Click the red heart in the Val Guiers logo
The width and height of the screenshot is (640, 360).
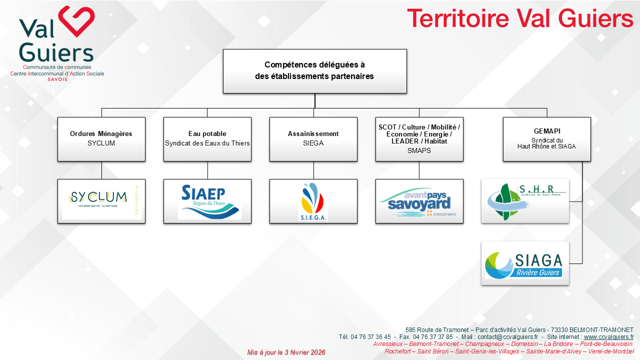coord(76,21)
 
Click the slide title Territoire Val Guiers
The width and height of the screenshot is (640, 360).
coord(520,19)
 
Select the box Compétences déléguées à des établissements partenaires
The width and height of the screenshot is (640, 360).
coord(314,71)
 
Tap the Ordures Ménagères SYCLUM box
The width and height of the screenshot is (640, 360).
coord(101,139)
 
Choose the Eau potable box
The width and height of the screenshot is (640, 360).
coord(207,139)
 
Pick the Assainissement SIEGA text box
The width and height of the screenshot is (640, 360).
coord(313,139)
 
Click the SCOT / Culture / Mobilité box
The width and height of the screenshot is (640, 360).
coord(419,139)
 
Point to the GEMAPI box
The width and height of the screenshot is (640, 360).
coord(546,139)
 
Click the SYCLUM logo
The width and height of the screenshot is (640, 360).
coord(101,200)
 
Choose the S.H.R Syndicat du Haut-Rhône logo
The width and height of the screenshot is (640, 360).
coord(525,201)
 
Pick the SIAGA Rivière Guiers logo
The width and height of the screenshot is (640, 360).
coord(525,263)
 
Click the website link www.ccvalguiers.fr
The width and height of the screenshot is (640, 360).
coord(608,337)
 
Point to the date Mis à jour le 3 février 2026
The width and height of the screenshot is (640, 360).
coord(286,352)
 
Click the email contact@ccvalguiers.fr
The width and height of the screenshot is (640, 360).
coord(507,337)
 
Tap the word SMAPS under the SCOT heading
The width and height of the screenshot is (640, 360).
coord(419,150)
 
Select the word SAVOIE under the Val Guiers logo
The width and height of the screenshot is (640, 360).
coord(57,79)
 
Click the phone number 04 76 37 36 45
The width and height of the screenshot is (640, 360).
coord(371,337)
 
